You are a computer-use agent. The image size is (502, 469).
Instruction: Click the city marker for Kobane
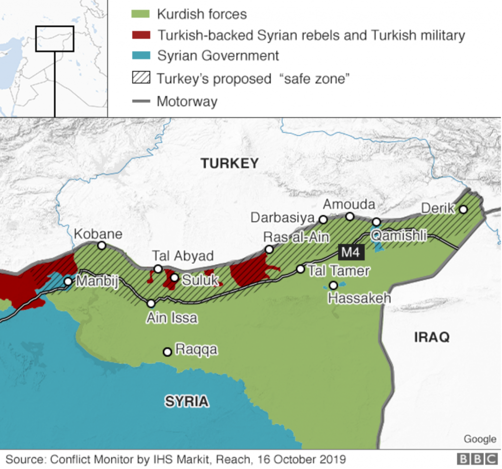pos(101,245)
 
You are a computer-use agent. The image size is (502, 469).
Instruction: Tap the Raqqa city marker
pos(167,352)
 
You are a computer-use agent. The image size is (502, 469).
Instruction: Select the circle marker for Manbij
pos(68,282)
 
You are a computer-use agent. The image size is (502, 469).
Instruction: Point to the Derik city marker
pos(463,209)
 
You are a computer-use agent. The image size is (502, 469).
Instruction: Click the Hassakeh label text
pos(359,297)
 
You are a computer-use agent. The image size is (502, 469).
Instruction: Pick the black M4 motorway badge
pos(351,253)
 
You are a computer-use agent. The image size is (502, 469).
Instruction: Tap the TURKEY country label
pos(229,163)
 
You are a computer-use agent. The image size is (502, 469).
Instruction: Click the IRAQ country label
pos(431,337)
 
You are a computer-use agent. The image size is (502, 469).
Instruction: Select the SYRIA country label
pos(186,401)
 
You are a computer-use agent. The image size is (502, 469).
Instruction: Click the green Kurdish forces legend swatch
pos(141,14)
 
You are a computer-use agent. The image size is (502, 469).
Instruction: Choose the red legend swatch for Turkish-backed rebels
pos(141,35)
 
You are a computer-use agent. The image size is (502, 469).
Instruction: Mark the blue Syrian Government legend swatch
pos(141,56)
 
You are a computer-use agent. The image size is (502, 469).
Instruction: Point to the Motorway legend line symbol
pos(141,102)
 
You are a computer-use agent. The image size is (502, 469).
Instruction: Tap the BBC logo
pos(477,459)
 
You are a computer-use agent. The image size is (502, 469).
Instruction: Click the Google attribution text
pos(480,439)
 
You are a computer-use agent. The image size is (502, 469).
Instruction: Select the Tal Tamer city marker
pos(301,269)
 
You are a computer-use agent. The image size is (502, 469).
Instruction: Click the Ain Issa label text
pos(172,318)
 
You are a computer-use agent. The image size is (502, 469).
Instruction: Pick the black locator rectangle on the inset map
pos(54,39)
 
